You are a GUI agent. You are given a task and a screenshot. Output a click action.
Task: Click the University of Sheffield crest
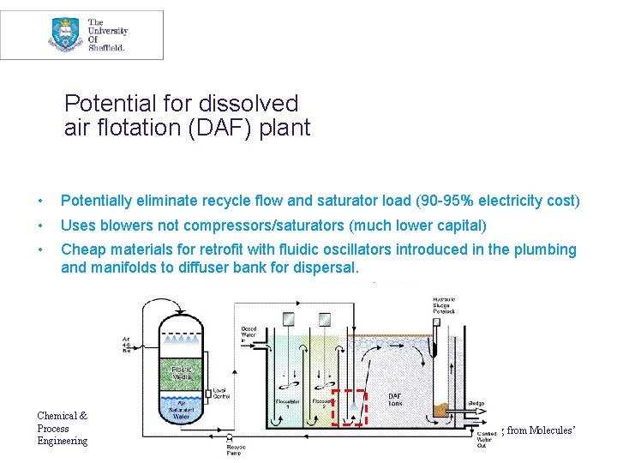pos(65,35)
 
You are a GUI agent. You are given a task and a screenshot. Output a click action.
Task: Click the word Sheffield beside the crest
pos(107,48)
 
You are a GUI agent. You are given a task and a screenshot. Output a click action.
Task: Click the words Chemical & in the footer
pos(62,416)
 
